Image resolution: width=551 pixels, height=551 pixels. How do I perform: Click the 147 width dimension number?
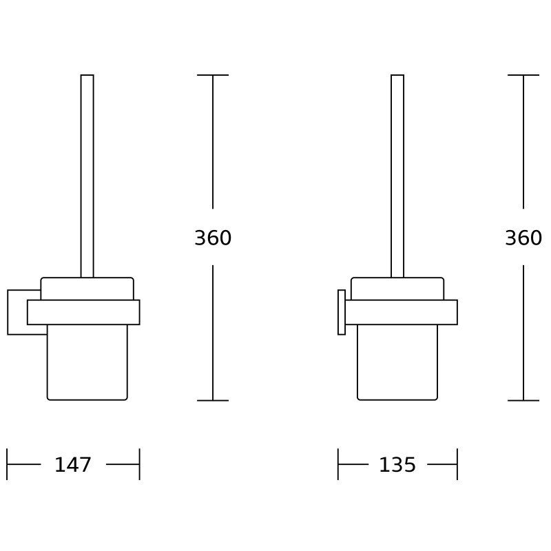pyautogui.click(x=73, y=464)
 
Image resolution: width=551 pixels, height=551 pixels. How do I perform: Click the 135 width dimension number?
pyautogui.click(x=397, y=464)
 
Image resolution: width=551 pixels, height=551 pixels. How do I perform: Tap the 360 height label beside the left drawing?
pyautogui.click(x=213, y=238)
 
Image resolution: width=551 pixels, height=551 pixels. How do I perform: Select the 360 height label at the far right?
pyautogui.click(x=523, y=238)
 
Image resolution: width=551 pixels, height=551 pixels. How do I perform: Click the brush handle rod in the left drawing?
pyautogui.click(x=87, y=176)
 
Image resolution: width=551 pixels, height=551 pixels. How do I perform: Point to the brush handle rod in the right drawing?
pyautogui.click(x=397, y=176)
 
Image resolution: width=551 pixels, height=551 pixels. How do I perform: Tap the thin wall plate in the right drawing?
pyautogui.click(x=342, y=312)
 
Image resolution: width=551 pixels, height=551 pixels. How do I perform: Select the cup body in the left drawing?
pyautogui.click(x=87, y=362)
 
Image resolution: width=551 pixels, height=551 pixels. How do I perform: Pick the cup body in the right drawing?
pyautogui.click(x=397, y=362)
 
